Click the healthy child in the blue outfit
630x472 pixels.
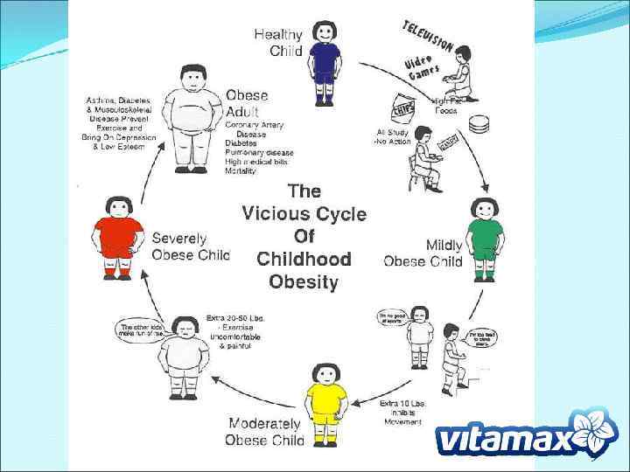click(x=325, y=62)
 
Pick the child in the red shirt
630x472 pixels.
click(x=118, y=237)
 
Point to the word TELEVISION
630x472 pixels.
click(x=427, y=36)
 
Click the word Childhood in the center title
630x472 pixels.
click(x=304, y=260)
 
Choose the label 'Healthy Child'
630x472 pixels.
click(x=278, y=43)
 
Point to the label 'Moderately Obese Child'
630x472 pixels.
click(x=265, y=432)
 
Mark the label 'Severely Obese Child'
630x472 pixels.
click(x=190, y=246)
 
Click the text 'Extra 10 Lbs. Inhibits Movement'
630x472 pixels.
click(x=402, y=412)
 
